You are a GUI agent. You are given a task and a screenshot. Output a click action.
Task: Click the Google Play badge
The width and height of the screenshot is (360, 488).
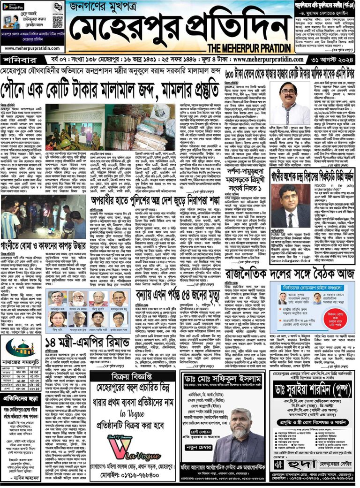[x=13, y=7]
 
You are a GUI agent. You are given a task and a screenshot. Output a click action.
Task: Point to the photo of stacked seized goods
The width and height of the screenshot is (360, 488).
[x=139, y=125]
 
